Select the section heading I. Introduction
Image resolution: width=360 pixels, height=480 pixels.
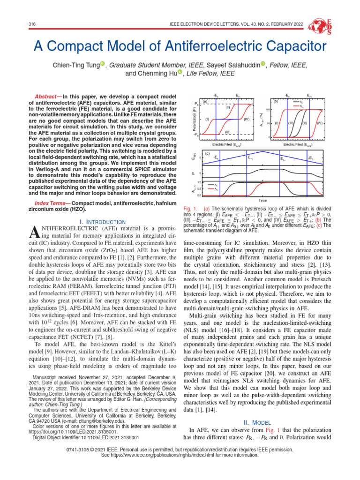pos(101,221)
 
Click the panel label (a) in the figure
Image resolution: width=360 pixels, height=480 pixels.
pos(205,101)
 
